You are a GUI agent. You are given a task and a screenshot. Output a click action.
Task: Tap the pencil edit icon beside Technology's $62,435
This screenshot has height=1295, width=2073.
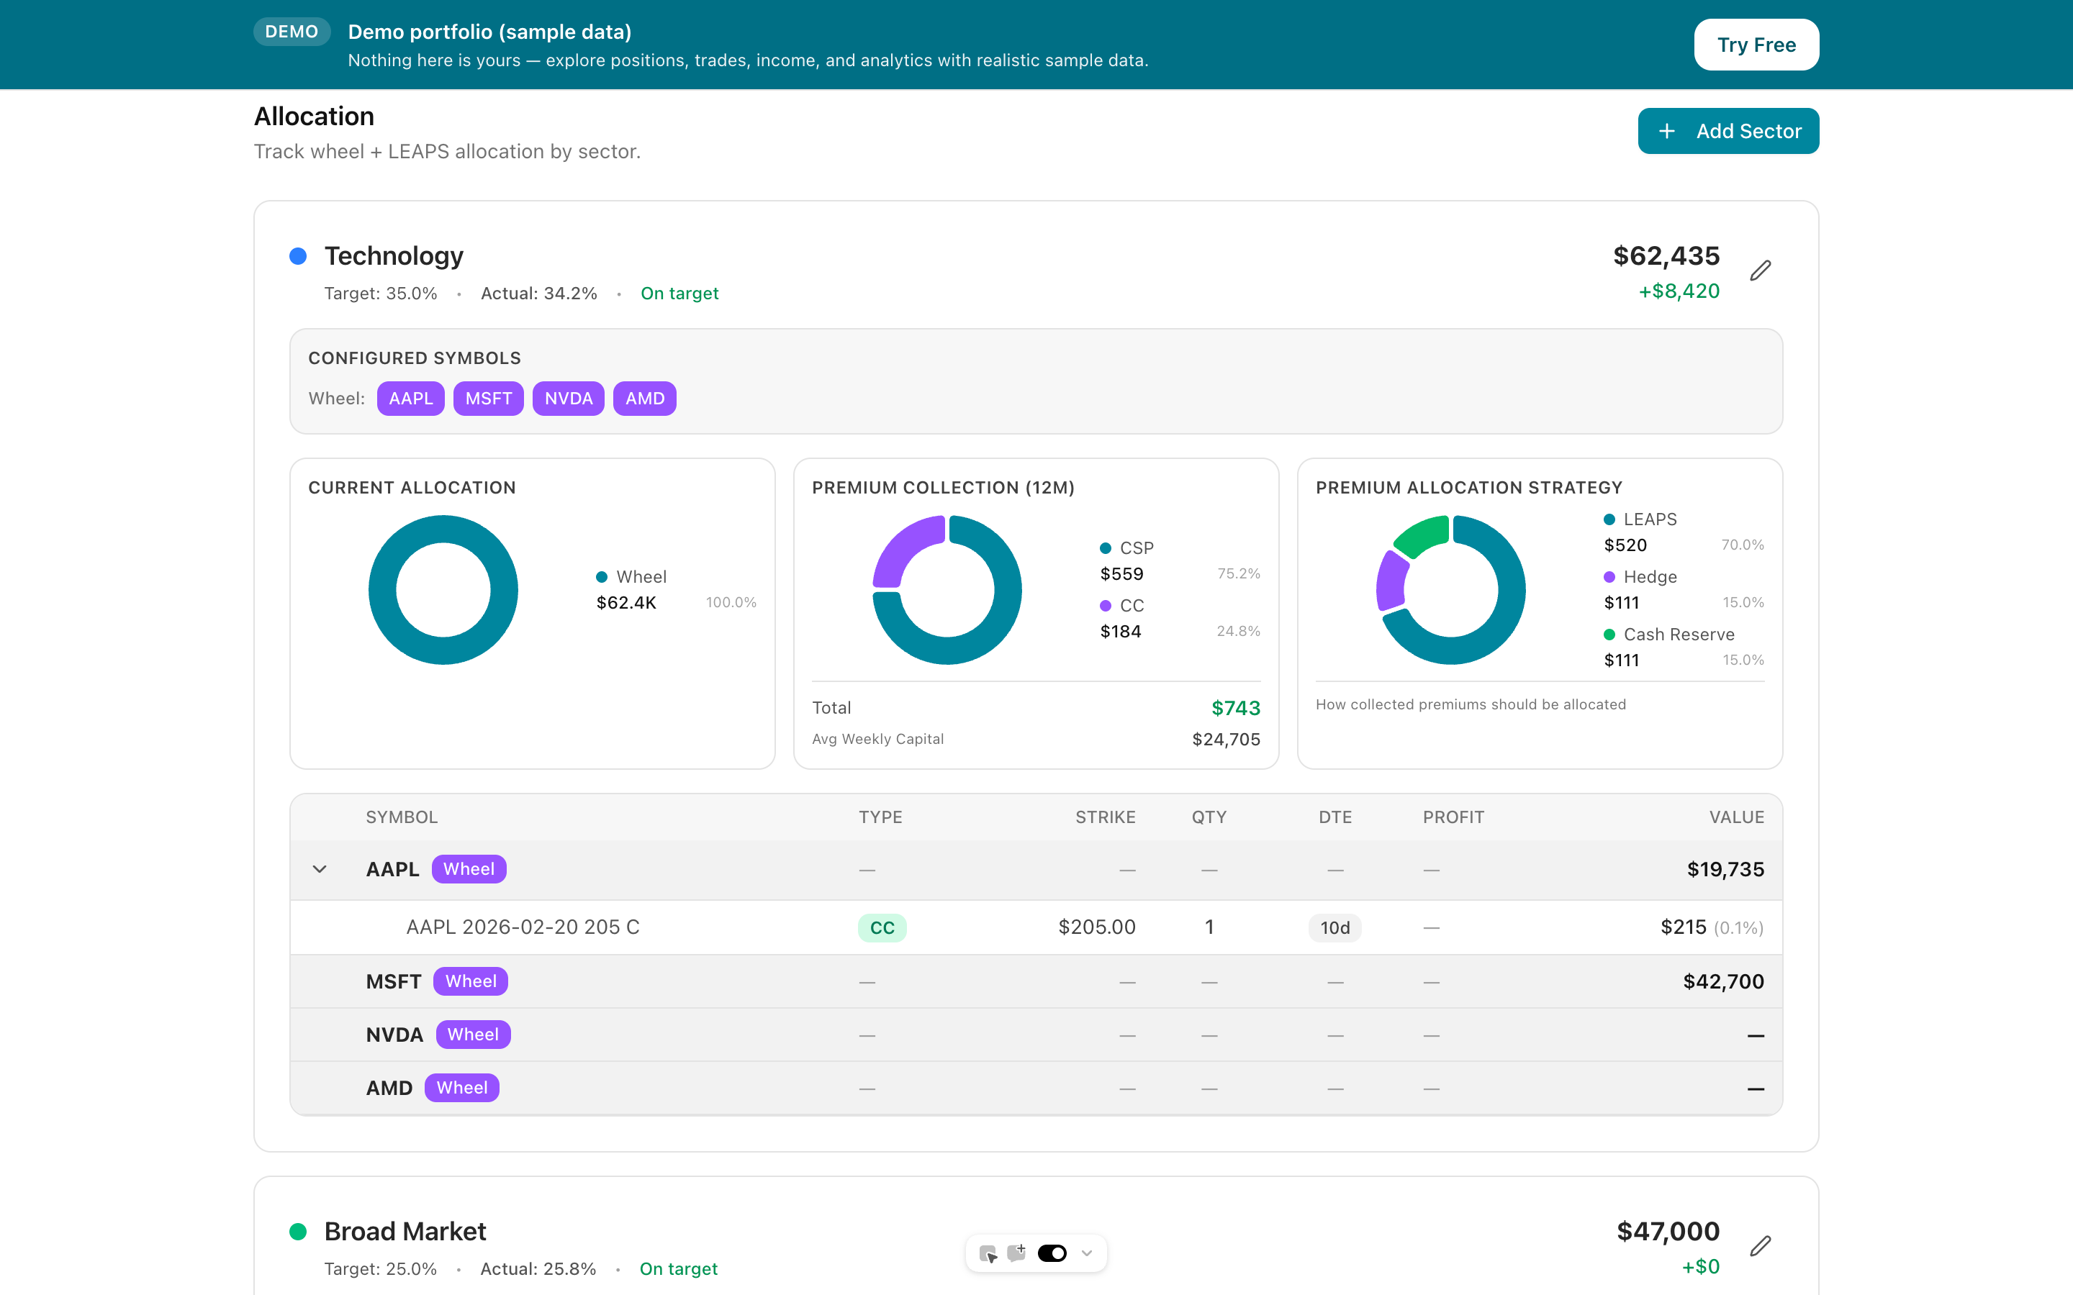tap(1761, 271)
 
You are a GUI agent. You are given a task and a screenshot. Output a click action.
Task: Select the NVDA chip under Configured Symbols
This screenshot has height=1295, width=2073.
tap(568, 399)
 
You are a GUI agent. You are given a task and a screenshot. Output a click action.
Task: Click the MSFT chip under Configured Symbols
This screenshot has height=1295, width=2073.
tap(488, 399)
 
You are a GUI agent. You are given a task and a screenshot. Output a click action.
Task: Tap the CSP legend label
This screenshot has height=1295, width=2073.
tap(1136, 548)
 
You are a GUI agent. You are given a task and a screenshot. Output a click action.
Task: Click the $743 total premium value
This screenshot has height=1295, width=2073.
tap(1235, 709)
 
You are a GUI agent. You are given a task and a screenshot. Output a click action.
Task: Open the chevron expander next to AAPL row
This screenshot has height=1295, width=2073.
tap(320, 869)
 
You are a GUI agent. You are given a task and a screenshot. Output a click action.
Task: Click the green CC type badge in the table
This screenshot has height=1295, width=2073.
tap(882, 927)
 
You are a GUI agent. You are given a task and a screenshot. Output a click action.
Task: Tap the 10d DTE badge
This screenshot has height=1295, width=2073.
tap(1334, 927)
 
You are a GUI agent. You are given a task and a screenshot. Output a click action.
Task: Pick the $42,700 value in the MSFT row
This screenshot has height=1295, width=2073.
tap(1722, 981)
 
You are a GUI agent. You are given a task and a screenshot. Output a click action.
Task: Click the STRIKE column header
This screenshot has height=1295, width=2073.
tap(1105, 817)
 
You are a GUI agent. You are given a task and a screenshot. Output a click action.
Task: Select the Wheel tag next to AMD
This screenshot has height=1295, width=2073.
tap(461, 1088)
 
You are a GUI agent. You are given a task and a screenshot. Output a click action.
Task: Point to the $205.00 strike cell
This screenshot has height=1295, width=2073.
tap(1096, 927)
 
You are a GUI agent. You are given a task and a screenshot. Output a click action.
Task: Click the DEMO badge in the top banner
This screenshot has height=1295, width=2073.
tap(292, 32)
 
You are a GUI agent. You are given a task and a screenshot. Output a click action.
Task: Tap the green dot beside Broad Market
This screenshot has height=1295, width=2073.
tap(298, 1232)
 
